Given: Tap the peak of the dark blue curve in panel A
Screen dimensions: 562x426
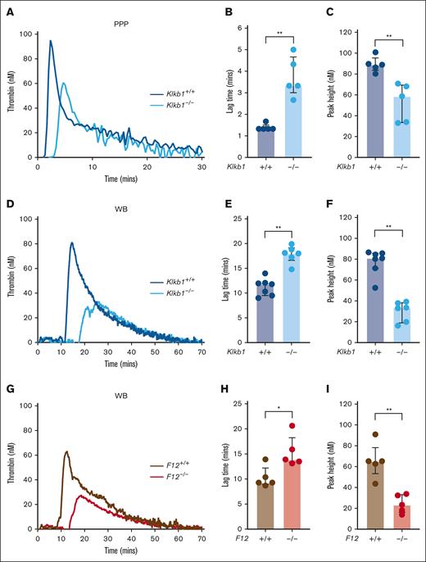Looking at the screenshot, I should [x=51, y=41].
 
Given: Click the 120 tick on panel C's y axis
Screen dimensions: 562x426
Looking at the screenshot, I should [x=334, y=34].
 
